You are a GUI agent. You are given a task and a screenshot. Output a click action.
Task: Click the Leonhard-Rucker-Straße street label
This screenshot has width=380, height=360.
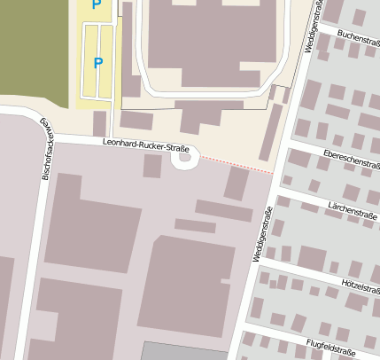pyautogui.click(x=146, y=142)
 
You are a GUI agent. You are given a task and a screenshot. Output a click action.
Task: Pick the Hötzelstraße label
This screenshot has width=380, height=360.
pyautogui.click(x=360, y=286)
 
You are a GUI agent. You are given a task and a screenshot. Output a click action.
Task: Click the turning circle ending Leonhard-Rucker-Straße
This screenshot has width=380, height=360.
pyautogui.click(x=185, y=158)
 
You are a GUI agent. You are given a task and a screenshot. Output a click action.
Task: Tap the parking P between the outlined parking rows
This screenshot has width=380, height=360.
pyautogui.click(x=98, y=63)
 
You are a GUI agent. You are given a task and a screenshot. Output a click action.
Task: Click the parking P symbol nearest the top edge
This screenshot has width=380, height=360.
pyautogui.click(x=97, y=5)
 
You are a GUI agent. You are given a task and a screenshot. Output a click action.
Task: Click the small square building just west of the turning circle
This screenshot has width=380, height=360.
pyautogui.click(x=152, y=166)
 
